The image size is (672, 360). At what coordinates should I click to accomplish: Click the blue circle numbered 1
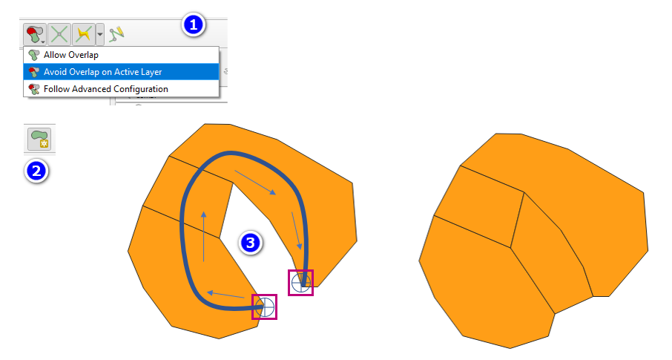point(194,25)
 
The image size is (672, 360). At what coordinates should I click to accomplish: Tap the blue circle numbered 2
point(36,171)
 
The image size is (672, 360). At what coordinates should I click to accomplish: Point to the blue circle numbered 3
point(250,243)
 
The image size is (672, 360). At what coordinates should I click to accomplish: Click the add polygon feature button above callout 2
point(39,140)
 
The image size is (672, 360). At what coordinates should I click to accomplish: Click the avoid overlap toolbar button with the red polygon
point(35,34)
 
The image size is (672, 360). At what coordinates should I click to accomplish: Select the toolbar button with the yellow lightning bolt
point(84,34)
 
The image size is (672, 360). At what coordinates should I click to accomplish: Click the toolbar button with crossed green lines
point(59,34)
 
